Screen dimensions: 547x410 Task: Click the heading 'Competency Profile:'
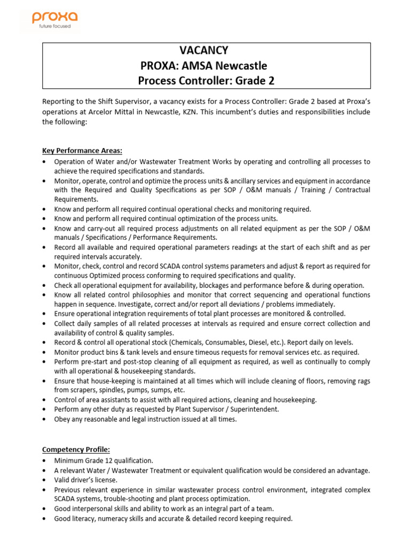coord(76,449)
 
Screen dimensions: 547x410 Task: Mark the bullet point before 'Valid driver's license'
coord(43,480)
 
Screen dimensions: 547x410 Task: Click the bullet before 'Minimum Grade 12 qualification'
coord(43,460)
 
